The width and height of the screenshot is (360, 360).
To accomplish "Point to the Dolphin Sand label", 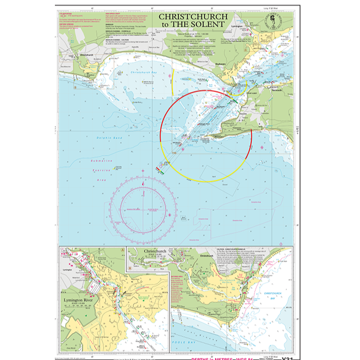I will tap(109, 138).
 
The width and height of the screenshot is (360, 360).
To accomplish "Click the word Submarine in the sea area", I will tap(103, 161).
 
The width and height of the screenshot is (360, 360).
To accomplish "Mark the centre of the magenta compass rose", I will tap(143, 208).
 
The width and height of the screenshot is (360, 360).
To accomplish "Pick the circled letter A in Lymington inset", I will tap(123, 249).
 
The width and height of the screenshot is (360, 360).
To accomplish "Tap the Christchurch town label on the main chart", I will tap(85, 54).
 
